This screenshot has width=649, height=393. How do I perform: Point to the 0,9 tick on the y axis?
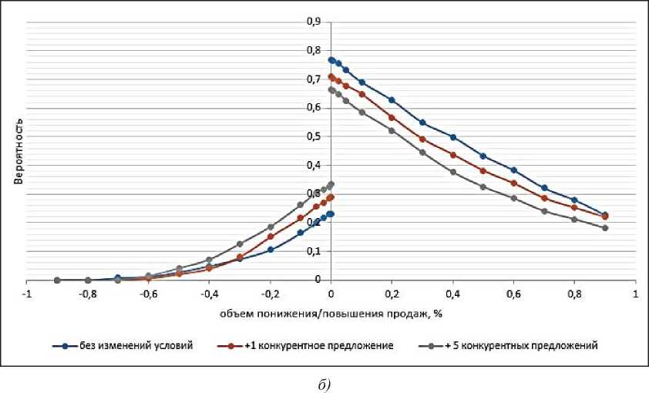click(x=314, y=22)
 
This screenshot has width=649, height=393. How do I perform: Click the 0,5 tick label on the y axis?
click(x=314, y=136)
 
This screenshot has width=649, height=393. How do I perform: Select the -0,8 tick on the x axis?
click(x=87, y=295)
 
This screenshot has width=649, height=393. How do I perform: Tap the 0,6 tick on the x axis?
click(x=513, y=295)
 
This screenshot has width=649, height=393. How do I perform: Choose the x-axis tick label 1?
click(x=635, y=295)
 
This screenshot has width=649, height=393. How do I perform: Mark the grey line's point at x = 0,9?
click(x=605, y=228)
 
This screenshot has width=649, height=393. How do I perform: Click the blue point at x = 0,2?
click(x=392, y=100)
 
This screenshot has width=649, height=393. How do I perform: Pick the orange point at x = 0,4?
click(x=452, y=155)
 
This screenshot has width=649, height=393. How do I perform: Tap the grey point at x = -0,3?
click(x=240, y=244)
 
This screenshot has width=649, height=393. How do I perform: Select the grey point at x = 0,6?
click(x=513, y=198)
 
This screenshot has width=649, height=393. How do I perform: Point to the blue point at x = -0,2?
click(x=271, y=250)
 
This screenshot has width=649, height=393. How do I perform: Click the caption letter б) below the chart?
click(x=324, y=383)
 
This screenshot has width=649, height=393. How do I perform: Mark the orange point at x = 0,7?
click(x=544, y=198)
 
